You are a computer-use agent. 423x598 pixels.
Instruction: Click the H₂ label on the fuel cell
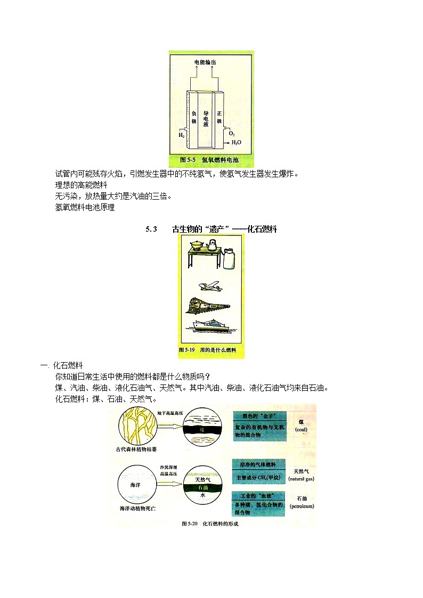pos(181,135)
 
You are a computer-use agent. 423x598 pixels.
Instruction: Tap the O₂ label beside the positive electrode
pos(232,134)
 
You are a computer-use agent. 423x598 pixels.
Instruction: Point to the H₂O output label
pos(236,143)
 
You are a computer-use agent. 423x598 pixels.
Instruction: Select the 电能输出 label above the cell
pos(205,62)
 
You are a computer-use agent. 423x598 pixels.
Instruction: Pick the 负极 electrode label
pos(194,117)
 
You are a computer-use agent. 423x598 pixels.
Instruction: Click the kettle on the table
pos(213,244)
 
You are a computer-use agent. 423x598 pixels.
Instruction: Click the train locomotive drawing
pos(208,305)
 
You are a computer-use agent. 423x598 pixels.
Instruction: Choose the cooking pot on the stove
pos(197,245)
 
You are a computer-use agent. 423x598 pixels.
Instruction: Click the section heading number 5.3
pos(151,230)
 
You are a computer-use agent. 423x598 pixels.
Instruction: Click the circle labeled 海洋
pos(138,485)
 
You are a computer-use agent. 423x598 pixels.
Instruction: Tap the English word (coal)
pos(301,429)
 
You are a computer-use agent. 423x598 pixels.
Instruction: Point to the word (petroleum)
pos(302,506)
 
